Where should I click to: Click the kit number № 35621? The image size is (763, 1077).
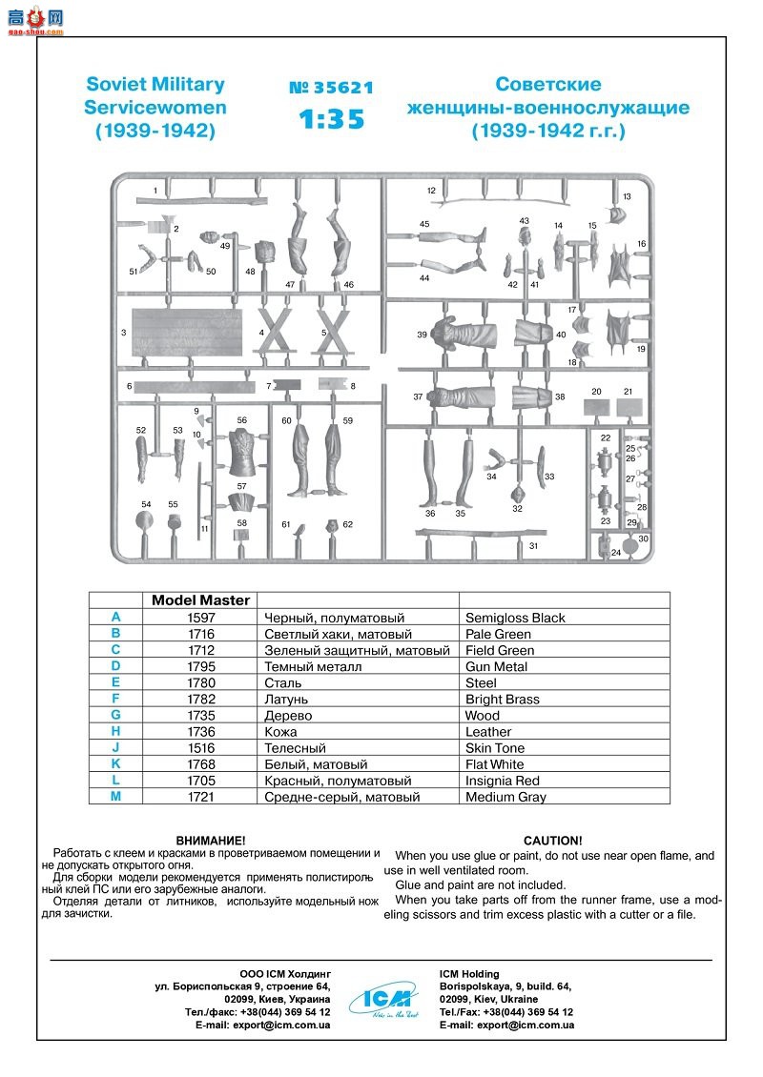coord(331,89)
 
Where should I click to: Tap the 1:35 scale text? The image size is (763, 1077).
coord(331,121)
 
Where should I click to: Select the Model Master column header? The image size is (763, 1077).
coord(200,600)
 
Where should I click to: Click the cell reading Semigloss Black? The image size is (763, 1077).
coord(515,618)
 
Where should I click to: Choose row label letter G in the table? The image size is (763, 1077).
coord(115,715)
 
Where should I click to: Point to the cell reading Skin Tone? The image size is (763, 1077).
coord(495,748)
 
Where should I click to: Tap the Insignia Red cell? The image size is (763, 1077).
coord(503,781)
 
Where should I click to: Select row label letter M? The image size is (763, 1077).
coord(115,797)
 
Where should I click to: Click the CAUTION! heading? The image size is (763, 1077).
coord(552,841)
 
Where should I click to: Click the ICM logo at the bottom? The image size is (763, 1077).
coord(381,998)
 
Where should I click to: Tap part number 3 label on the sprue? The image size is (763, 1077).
coord(124,333)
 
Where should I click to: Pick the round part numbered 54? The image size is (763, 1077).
coord(145,520)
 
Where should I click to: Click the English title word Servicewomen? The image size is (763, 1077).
coord(155,107)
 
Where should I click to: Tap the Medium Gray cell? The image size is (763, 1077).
coord(505,797)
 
